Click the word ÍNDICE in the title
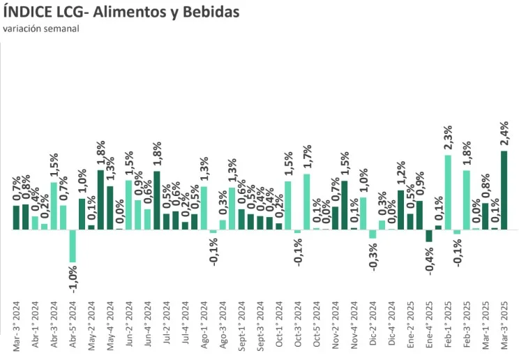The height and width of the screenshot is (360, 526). [x=30, y=13]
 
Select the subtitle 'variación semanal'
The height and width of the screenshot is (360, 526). [x=40, y=29]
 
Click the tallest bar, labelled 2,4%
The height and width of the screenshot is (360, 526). [x=504, y=190]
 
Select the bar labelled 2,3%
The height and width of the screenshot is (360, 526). [x=448, y=192]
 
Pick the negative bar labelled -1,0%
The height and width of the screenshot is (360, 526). [x=73, y=246]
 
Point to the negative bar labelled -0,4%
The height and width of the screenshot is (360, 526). [x=429, y=236]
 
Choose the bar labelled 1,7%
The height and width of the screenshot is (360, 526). [x=306, y=202]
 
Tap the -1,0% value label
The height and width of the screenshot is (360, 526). [x=73, y=278]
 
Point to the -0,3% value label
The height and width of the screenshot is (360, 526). [x=373, y=255]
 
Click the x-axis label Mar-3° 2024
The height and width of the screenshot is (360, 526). [x=16, y=328]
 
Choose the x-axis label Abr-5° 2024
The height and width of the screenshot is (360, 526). [x=73, y=328]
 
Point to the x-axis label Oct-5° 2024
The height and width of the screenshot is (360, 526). [x=316, y=328]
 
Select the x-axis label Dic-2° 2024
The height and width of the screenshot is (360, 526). [x=373, y=328]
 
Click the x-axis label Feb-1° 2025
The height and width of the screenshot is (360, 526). [x=448, y=328]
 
